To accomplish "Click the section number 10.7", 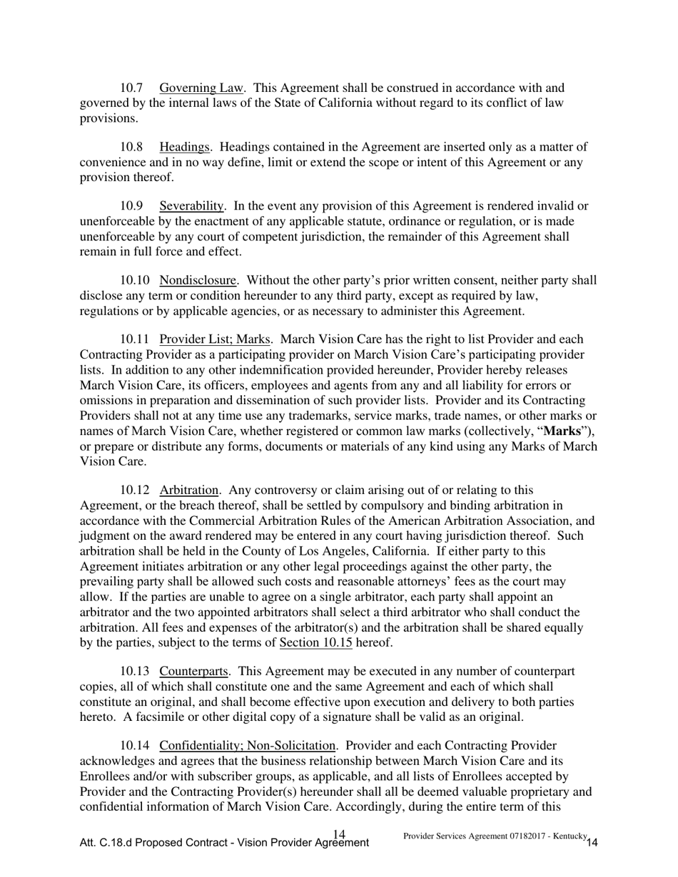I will click(x=131, y=88).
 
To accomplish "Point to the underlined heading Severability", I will click(x=192, y=207).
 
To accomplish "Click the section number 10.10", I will click(x=135, y=281).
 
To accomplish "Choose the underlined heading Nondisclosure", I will click(x=198, y=281).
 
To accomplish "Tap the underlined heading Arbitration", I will click(x=189, y=491).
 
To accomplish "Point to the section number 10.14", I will click(x=135, y=747).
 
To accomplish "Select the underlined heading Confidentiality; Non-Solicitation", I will click(x=248, y=747).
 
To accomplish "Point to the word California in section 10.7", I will click(x=332, y=103).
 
